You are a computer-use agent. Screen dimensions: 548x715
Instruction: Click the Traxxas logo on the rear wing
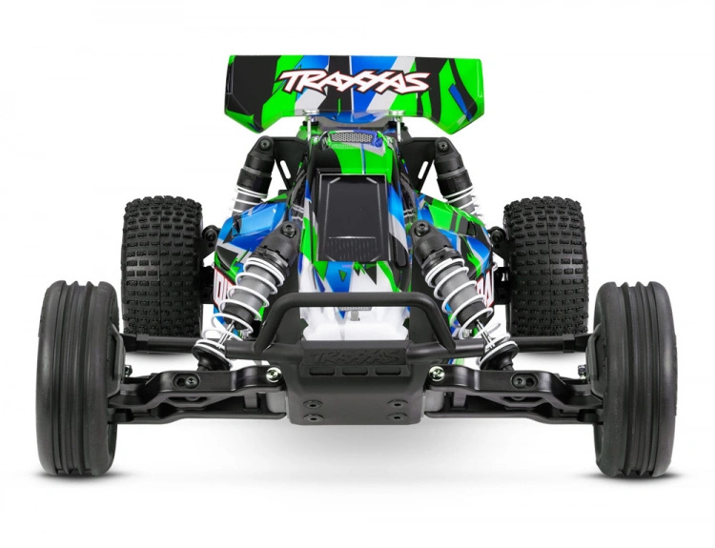tap(355, 81)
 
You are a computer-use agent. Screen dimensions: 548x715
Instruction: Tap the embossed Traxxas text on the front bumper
tap(356, 355)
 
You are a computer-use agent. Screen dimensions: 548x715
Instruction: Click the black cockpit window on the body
tap(354, 220)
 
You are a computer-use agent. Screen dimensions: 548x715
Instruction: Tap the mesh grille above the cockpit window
tap(354, 138)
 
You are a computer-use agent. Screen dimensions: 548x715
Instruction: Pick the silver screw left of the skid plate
tap(273, 373)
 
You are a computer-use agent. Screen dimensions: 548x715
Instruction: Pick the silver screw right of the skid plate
tap(437, 373)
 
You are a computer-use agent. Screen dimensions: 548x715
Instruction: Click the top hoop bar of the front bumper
tap(355, 303)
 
